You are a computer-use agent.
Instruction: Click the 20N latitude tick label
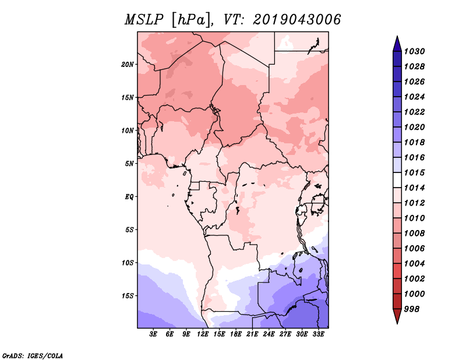pyautogui.click(x=128, y=64)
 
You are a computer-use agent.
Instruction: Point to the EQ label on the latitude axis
pyautogui.click(x=129, y=196)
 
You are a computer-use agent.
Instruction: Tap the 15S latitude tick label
pyautogui.click(x=128, y=295)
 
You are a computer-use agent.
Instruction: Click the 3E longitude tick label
pyautogui.click(x=154, y=334)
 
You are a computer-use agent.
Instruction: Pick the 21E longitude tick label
pyautogui.click(x=252, y=334)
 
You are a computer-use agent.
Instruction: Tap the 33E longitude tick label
pyautogui.click(x=318, y=334)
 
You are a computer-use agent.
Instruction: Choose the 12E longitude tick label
pyautogui.click(x=203, y=334)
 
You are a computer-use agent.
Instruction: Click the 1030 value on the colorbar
pyautogui.click(x=416, y=51)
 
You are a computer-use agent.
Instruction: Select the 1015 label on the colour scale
pyautogui.click(x=416, y=172)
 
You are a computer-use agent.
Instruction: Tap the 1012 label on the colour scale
pyautogui.click(x=416, y=203)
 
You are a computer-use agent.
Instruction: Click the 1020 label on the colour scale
pyautogui.click(x=416, y=127)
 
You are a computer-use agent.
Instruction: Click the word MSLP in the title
pyautogui.click(x=143, y=20)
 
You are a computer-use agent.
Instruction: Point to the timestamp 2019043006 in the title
pyautogui.click(x=296, y=20)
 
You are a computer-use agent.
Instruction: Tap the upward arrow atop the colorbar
pyautogui.click(x=397, y=43)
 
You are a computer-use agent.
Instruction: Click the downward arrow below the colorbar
pyautogui.click(x=397, y=316)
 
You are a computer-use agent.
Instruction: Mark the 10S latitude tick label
pyautogui.click(x=128, y=263)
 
